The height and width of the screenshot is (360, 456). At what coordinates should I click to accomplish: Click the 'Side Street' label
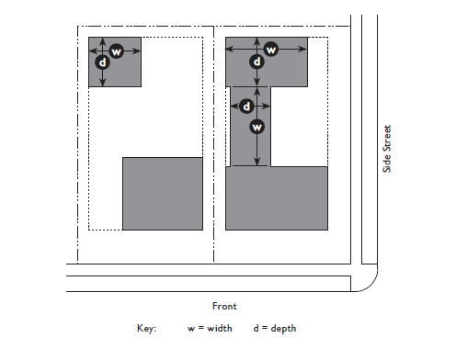387,149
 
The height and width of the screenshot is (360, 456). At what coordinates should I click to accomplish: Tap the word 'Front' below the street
224,306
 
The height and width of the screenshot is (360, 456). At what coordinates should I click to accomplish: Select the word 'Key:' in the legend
146,328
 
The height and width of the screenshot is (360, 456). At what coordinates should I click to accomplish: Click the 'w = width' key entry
210,328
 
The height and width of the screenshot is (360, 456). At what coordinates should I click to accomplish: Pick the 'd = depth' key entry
275,329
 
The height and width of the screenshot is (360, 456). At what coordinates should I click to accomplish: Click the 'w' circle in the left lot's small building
117,51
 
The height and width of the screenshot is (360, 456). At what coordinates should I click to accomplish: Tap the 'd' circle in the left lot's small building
102,62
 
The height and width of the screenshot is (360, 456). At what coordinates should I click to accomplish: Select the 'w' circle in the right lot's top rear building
271,49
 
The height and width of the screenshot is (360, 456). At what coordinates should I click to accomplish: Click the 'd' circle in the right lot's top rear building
256,62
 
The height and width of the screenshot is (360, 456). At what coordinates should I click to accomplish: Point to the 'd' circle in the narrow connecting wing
246,107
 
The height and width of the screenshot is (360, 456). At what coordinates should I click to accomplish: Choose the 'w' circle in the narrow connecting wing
256,127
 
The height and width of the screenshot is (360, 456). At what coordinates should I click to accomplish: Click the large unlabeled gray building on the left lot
163,194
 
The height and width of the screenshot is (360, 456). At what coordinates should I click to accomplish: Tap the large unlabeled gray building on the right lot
277,198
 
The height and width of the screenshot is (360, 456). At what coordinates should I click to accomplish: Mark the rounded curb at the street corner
370,285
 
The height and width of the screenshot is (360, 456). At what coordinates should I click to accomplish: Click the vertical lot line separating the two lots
213,144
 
